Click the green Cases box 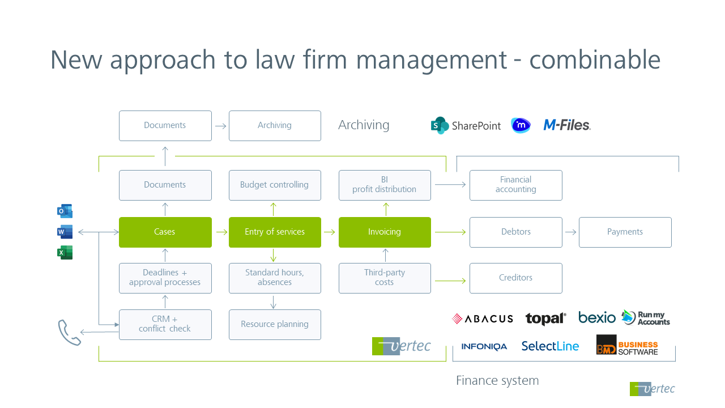click(x=165, y=232)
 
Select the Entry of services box click(x=275, y=232)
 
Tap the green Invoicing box click(x=385, y=232)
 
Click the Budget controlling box click(x=275, y=185)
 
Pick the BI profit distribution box click(x=385, y=185)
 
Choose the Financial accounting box click(x=515, y=185)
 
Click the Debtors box click(x=515, y=232)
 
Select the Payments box click(x=625, y=232)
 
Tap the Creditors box click(x=515, y=278)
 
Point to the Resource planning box click(x=275, y=325)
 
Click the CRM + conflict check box click(x=165, y=325)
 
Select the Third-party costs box click(x=385, y=278)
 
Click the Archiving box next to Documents click(x=275, y=126)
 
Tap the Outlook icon click(x=65, y=211)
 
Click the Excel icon click(x=65, y=253)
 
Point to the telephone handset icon click(x=69, y=332)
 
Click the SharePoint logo click(x=466, y=126)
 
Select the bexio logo click(x=596, y=318)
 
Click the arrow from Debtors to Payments click(x=570, y=232)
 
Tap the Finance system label click(x=497, y=381)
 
